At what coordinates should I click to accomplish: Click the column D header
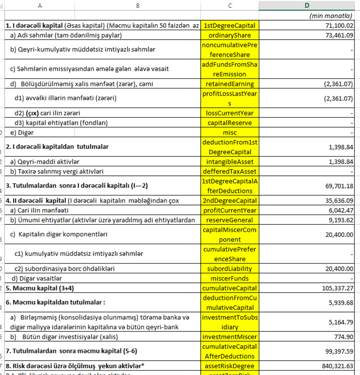307,5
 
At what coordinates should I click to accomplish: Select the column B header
137,5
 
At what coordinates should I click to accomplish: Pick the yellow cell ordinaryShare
230,35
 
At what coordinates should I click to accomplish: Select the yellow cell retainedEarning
230,84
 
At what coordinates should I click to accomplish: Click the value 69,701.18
337,186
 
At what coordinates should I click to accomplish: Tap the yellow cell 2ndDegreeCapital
230,201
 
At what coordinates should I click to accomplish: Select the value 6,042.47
339,210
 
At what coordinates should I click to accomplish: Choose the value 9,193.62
339,220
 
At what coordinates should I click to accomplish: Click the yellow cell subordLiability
230,268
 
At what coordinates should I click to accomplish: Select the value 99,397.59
337,351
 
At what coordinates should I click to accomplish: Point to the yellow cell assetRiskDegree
230,366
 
